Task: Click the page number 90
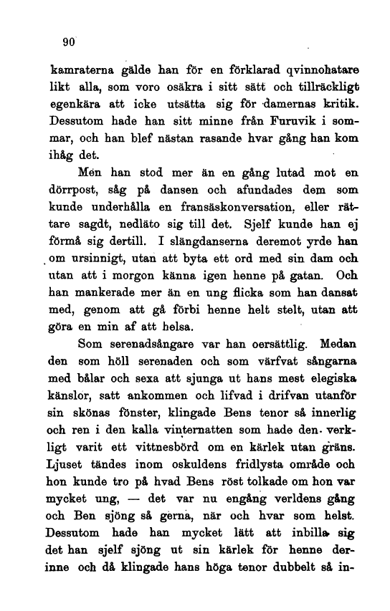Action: (x=69, y=43)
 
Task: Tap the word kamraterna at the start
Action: (x=75, y=72)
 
